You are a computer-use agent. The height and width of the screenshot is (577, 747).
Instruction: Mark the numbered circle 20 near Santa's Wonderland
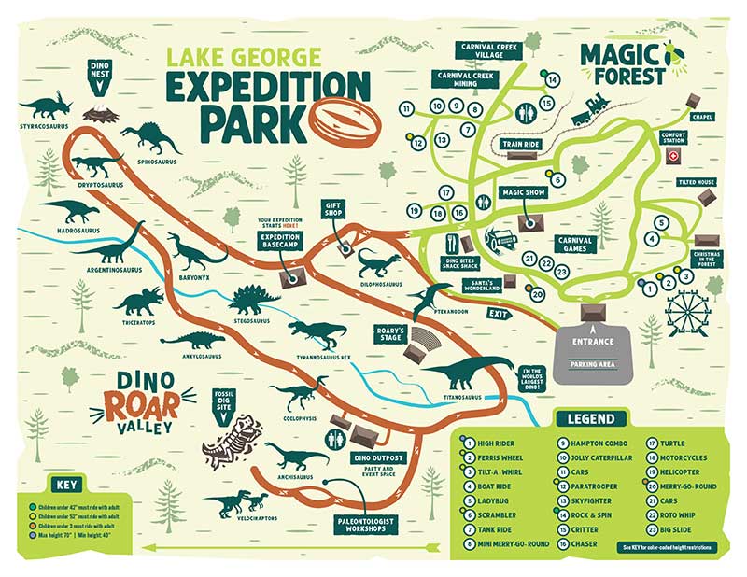pos(538,294)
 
